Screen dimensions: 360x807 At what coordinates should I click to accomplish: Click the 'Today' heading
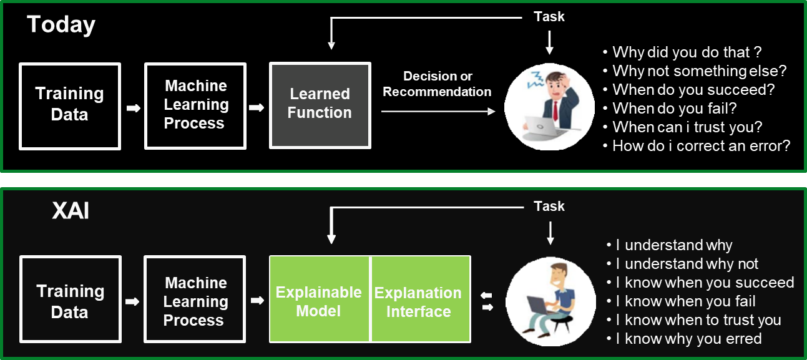coord(61,25)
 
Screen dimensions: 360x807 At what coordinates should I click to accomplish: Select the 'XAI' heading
coord(71,211)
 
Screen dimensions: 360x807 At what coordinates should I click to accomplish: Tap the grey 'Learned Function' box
coord(320,105)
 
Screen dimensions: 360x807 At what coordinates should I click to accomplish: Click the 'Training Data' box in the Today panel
coord(69,105)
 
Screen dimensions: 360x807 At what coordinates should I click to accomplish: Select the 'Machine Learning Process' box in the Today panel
coord(195,105)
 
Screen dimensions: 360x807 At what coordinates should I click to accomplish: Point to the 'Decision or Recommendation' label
coord(437,84)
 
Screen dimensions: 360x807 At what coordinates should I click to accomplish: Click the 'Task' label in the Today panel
coord(549,17)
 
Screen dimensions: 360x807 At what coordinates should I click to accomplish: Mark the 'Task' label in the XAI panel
coord(549,206)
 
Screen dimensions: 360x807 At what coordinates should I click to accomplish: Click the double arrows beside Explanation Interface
coord(487,300)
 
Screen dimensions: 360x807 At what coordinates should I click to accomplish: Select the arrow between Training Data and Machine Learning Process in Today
coord(132,108)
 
